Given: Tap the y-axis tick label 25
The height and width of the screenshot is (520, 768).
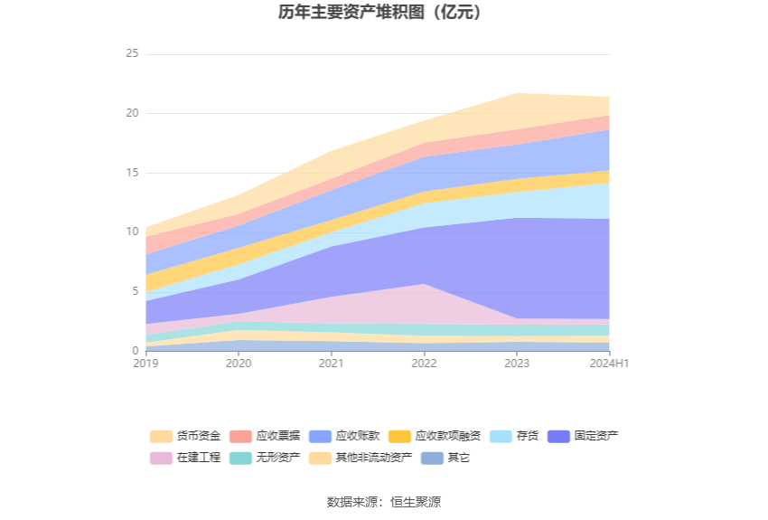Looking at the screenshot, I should click(133, 54).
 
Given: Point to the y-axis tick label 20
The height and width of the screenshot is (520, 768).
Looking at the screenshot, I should click(133, 113).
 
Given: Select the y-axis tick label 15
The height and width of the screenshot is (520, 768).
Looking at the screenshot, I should click(133, 173).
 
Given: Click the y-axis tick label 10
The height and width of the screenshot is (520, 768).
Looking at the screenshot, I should click(133, 232).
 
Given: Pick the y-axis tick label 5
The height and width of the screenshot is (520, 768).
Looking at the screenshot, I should click(136, 291).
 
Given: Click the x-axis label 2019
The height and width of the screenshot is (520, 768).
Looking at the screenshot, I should click(145, 364).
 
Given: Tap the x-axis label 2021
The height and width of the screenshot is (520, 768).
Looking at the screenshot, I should click(332, 364).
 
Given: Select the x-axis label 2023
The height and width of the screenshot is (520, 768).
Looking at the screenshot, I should click(517, 364).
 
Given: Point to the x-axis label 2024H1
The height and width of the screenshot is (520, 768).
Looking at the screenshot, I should click(610, 364).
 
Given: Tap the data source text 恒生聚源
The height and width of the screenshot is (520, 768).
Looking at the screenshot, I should click(416, 502).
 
